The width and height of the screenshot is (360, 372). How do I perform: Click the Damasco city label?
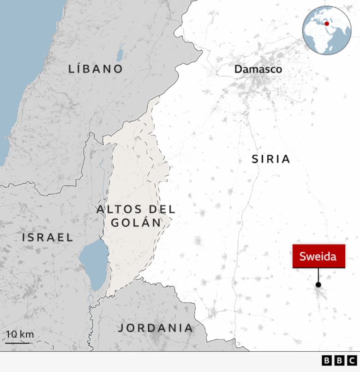[x=258, y=69]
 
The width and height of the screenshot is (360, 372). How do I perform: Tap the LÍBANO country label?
[x=96, y=69]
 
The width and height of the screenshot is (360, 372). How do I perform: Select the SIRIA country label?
[x=271, y=159]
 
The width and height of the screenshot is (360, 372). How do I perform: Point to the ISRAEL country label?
[x=48, y=238]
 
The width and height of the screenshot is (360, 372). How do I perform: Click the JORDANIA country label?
[x=156, y=328]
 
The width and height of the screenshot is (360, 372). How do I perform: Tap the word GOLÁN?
[x=136, y=223]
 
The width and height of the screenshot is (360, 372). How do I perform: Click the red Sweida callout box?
[x=318, y=257]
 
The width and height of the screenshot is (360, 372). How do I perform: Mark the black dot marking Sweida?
[x=318, y=285]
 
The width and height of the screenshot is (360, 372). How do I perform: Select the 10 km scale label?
[x=20, y=335]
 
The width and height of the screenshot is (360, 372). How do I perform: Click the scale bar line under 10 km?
[x=18, y=343]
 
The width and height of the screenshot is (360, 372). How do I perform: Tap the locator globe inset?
[x=327, y=30]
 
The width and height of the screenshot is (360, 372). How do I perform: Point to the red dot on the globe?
[x=327, y=24]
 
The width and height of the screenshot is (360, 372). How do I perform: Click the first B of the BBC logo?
[x=327, y=360]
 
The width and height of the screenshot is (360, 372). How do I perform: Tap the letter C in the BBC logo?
[x=352, y=360]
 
